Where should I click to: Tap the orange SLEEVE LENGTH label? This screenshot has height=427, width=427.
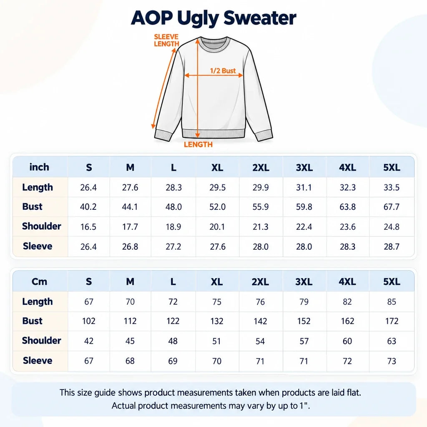point(166,40)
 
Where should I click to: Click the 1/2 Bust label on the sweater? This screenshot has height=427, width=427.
point(223,71)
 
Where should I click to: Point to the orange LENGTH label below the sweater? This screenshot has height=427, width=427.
point(198,144)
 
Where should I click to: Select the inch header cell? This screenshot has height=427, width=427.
point(39,167)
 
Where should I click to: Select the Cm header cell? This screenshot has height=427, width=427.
point(39,281)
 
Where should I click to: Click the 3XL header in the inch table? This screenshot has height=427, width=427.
point(304,168)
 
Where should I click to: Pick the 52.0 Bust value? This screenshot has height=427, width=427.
point(217,207)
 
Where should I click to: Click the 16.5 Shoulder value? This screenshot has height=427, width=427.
point(88,227)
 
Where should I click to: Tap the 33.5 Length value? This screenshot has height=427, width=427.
point(391,187)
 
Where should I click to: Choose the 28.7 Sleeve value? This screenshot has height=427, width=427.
point(391,247)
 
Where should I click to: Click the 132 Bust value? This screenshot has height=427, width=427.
point(217,321)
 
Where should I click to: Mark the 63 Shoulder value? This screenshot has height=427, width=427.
point(391,341)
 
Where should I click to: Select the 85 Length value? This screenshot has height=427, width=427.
point(391,302)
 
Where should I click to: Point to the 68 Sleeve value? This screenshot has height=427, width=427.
point(130,361)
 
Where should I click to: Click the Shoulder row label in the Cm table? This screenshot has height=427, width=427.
point(41,340)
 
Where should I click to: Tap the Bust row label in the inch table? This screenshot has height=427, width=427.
point(32,206)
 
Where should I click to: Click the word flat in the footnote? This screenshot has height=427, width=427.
point(353,392)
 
